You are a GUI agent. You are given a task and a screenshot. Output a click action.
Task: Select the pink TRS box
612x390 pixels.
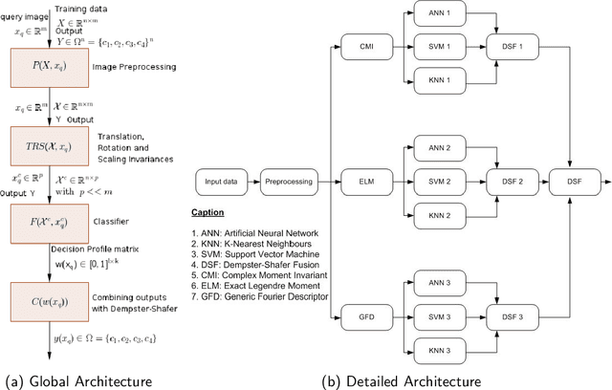pyautogui.click(x=48, y=146)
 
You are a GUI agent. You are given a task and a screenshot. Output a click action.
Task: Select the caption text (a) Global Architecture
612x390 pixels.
pyautogui.click(x=76, y=380)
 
